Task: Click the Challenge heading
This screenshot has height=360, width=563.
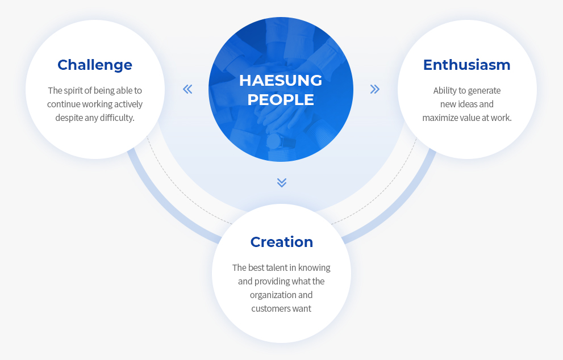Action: [95, 65]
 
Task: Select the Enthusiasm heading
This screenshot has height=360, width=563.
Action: [467, 65]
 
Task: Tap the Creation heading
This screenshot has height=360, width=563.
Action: [282, 242]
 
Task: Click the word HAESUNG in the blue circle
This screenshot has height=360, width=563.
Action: [281, 81]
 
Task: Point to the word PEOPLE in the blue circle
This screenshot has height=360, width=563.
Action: [281, 100]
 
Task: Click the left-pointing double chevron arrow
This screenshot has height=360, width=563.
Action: [187, 89]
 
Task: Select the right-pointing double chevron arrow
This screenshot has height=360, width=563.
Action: [375, 89]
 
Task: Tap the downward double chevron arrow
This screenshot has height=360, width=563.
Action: [282, 183]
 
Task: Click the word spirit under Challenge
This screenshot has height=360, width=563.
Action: [73, 91]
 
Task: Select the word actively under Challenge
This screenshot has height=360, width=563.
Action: [128, 104]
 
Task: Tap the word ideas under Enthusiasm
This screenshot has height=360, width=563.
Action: [468, 104]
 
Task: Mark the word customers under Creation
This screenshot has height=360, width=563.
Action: [269, 309]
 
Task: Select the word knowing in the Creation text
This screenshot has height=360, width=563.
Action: [314, 268]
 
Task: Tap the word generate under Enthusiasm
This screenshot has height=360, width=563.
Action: [484, 91]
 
